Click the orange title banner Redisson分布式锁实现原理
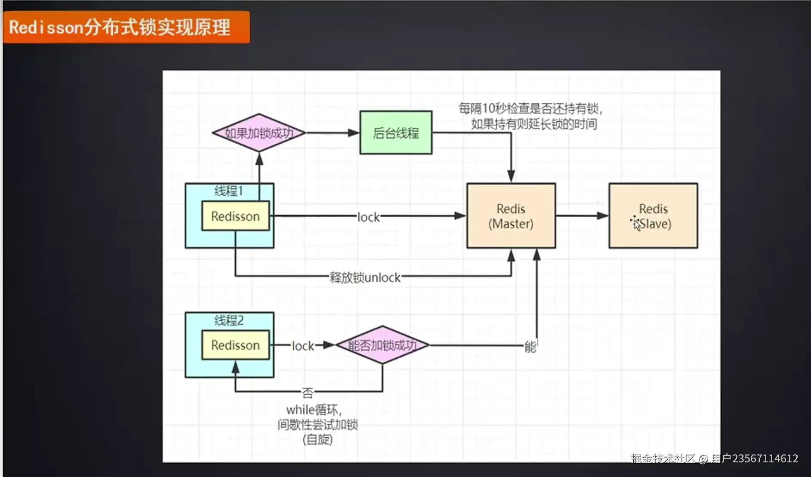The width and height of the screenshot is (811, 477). (126, 27)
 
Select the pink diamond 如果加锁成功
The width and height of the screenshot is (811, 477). (259, 133)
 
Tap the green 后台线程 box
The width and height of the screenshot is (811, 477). (396, 133)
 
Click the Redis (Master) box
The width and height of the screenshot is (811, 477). (511, 216)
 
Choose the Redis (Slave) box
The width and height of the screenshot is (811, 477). (653, 216)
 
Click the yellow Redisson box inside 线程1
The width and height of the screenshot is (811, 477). (235, 216)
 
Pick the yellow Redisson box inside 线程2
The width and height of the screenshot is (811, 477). (235, 345)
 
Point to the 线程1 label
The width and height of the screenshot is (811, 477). (228, 191)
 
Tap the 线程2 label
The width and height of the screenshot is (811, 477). (228, 320)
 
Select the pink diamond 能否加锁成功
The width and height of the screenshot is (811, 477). (382, 345)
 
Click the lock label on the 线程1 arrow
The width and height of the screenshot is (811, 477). (368, 218)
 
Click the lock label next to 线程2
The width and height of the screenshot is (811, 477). (303, 346)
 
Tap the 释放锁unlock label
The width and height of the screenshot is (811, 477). (365, 278)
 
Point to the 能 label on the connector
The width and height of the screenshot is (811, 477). (530, 347)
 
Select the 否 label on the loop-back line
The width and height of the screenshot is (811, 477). (308, 393)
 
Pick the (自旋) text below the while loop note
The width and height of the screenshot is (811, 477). (318, 440)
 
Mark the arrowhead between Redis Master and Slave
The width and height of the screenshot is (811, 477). (603, 216)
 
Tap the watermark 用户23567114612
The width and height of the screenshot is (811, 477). (755, 459)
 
